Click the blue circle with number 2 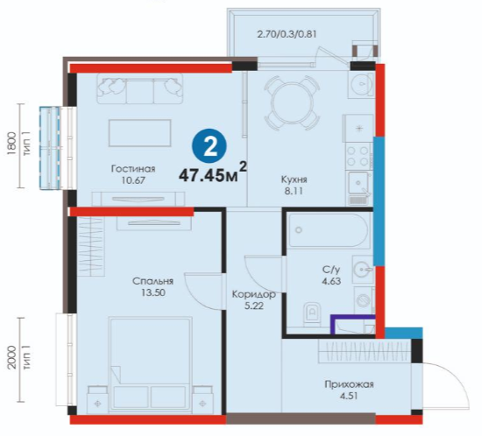[x=209, y=147]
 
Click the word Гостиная [x=133, y=169]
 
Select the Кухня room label [x=294, y=179]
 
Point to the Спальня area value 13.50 [x=153, y=292]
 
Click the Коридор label [x=253, y=294]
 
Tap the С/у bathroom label [x=331, y=270]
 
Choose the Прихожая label [x=349, y=384]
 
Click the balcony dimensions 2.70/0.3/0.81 [x=287, y=34]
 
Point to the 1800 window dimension [x=11, y=145]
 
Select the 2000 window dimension [x=11, y=359]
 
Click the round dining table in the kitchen [x=292, y=103]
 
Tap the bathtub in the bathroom [x=329, y=230]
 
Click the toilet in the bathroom [x=312, y=313]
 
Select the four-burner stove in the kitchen [x=358, y=156]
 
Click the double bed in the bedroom [x=151, y=363]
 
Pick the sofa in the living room [x=140, y=88]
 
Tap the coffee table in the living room [x=139, y=133]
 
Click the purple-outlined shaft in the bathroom [x=353, y=325]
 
